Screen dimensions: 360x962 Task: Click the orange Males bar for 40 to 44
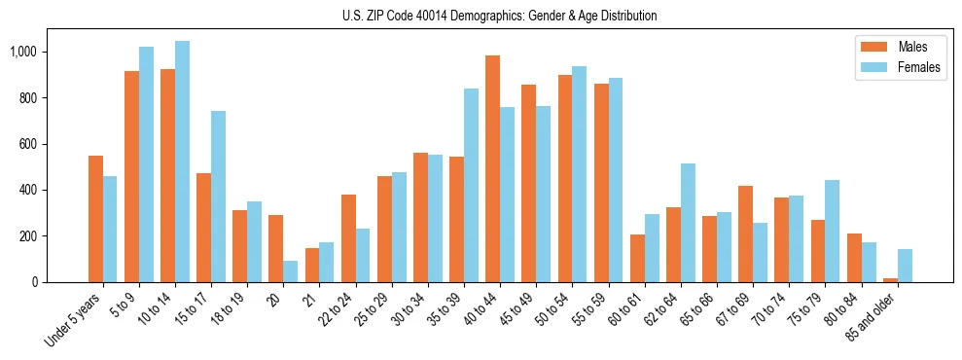[x=492, y=169]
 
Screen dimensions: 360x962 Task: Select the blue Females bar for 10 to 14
[x=182, y=162]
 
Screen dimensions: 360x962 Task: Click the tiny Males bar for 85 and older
[x=890, y=280]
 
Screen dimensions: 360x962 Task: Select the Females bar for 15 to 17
[x=218, y=197]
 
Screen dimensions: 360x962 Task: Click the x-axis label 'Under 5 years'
[x=74, y=318]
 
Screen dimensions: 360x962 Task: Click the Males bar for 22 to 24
[x=348, y=238]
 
